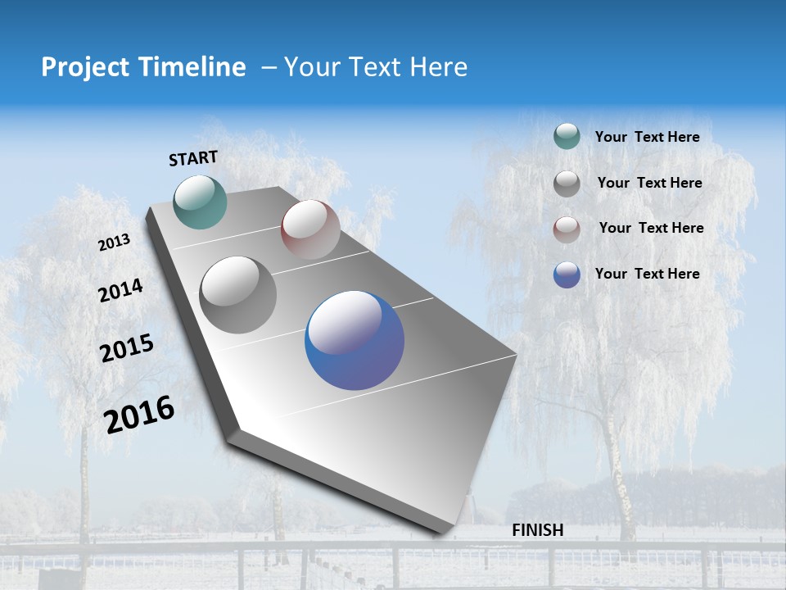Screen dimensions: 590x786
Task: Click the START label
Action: (193, 158)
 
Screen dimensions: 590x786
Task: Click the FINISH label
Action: (537, 530)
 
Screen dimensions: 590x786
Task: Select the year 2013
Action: (115, 243)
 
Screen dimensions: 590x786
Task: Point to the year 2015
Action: (127, 348)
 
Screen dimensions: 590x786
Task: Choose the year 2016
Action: (140, 415)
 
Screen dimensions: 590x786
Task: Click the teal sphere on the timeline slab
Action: (201, 202)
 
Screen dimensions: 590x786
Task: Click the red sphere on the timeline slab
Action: (310, 229)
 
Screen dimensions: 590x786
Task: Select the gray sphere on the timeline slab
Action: (238, 295)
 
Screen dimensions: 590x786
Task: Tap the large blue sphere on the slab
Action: (355, 340)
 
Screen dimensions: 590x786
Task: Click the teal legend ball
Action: (567, 137)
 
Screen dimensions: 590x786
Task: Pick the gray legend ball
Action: (567, 184)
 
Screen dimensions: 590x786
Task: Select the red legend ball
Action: (567, 229)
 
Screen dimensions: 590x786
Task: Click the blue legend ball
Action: (567, 275)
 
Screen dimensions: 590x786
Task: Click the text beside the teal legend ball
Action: (647, 138)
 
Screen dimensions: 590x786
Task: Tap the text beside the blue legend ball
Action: (647, 274)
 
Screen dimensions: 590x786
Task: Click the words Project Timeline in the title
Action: (143, 67)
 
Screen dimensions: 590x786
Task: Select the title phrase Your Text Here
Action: (376, 67)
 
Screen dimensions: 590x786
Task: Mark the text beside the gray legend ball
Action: (649, 183)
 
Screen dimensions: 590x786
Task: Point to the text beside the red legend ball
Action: (651, 228)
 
